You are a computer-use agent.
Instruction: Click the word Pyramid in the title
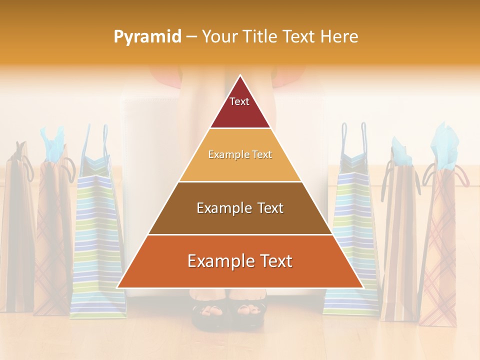click(147, 37)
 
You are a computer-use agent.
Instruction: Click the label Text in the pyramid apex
click(239, 101)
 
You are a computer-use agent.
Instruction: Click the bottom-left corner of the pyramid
click(118, 287)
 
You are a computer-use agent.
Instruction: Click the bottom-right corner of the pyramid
click(362, 287)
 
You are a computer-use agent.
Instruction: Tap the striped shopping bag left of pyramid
click(95, 240)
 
